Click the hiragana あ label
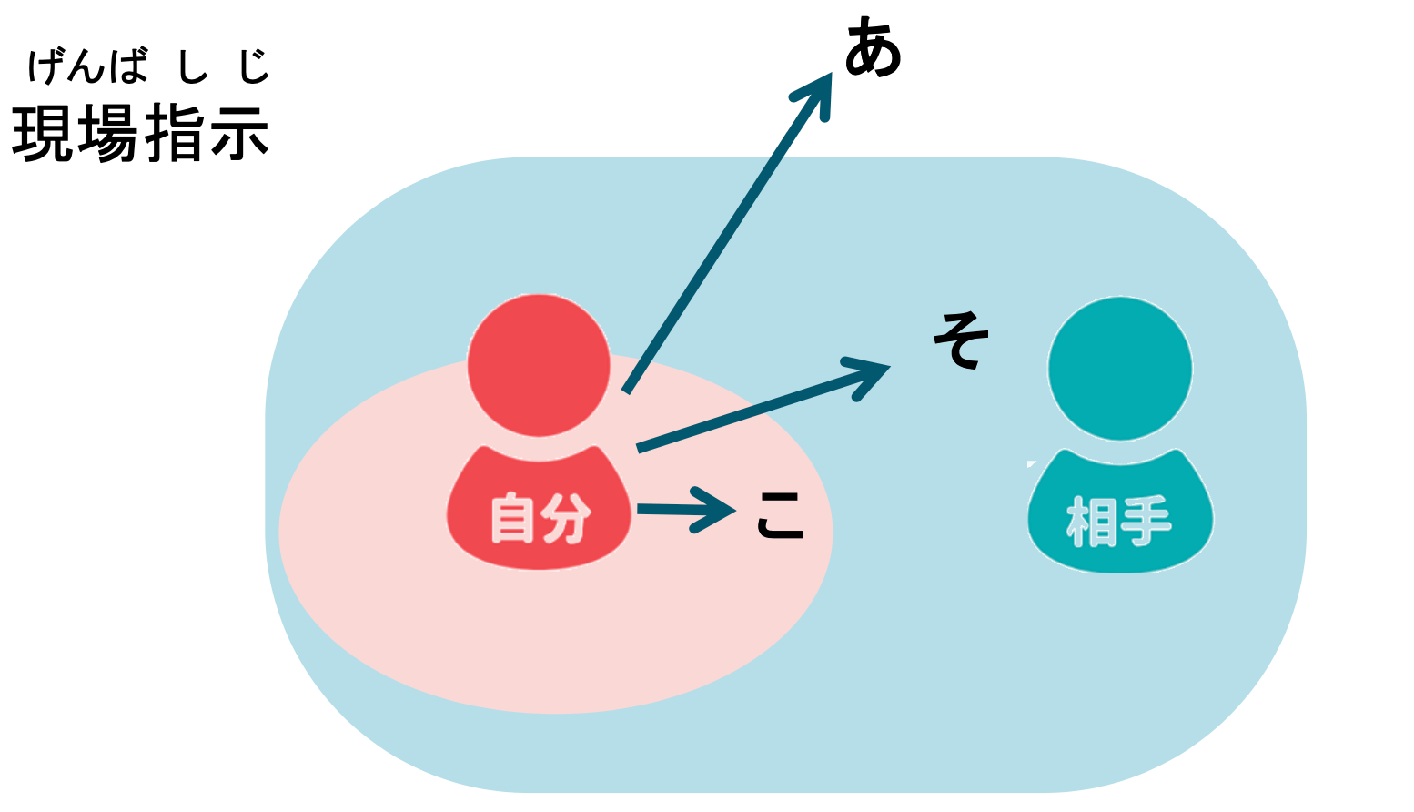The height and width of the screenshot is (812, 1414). pos(873,50)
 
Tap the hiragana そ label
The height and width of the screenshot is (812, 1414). pos(961,340)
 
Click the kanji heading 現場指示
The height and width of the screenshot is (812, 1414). pos(140,133)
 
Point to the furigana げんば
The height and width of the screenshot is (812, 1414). pos(87,66)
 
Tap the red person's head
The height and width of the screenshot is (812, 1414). pos(539,365)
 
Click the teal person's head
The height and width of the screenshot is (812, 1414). pos(1120,369)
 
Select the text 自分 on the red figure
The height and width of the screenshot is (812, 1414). pos(540,519)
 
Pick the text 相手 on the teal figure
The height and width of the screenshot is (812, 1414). pos(1119,522)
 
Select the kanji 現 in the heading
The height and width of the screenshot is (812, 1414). pos(42,133)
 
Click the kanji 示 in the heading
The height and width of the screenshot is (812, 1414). pos(239,133)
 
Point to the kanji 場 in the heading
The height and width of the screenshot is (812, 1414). pos(107,133)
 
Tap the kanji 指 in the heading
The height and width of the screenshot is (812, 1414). pos(174,133)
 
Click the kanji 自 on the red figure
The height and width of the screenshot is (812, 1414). pos(512,519)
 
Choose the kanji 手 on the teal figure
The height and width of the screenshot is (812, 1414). pos(1146,522)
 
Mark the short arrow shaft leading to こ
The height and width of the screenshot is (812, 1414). pos(664,509)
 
